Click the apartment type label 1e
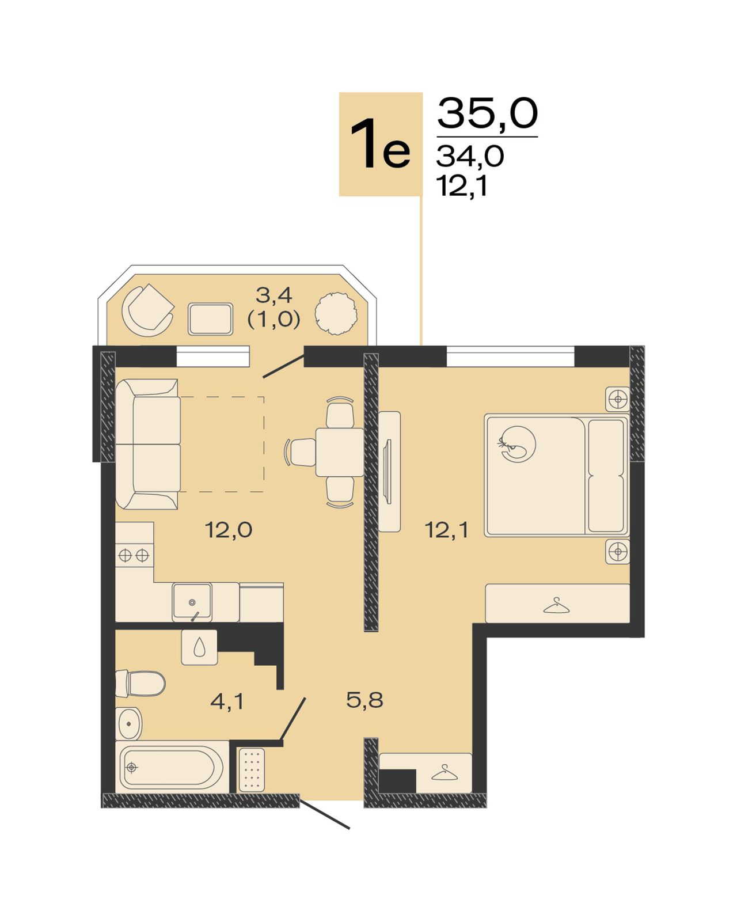[380, 143]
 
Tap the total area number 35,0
[487, 113]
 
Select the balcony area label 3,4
[274, 295]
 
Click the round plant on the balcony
[336, 313]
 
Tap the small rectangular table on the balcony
[210, 319]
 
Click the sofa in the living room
[148, 444]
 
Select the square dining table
[340, 452]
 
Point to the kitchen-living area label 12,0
[229, 530]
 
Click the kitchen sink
[192, 602]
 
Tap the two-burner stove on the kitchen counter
[134, 555]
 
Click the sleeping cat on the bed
[517, 444]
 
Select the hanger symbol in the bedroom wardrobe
[557, 605]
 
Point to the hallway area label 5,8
[364, 700]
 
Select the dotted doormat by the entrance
[252, 770]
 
